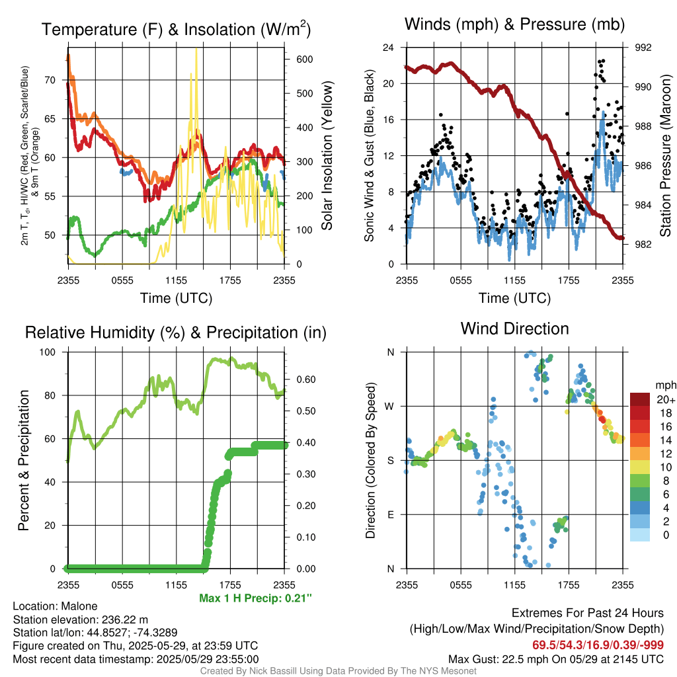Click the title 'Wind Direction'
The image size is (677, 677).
click(x=514, y=329)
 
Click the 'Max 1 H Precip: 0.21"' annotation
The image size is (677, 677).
click(x=255, y=598)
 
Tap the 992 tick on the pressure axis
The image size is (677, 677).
click(x=643, y=48)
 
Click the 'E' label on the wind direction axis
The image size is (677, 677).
click(x=390, y=514)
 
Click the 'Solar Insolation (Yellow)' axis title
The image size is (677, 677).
click(x=327, y=156)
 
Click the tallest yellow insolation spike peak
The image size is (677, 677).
click(x=196, y=50)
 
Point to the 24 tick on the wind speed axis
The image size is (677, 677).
click(x=389, y=48)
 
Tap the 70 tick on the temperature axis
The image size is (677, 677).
click(x=50, y=80)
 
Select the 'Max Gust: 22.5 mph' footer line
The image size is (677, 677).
click(x=555, y=658)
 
